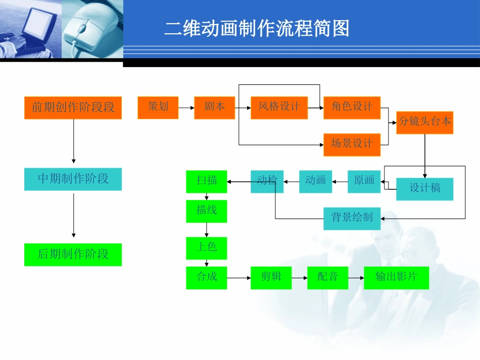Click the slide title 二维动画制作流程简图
tap(257, 29)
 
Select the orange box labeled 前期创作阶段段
tap(73, 108)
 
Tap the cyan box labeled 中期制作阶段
tap(73, 179)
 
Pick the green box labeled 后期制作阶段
tap(73, 254)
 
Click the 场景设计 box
tap(352, 144)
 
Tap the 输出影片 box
tap(396, 278)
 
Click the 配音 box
tap(327, 278)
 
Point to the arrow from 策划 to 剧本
tap(186, 108)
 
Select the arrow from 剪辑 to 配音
tap(299, 278)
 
